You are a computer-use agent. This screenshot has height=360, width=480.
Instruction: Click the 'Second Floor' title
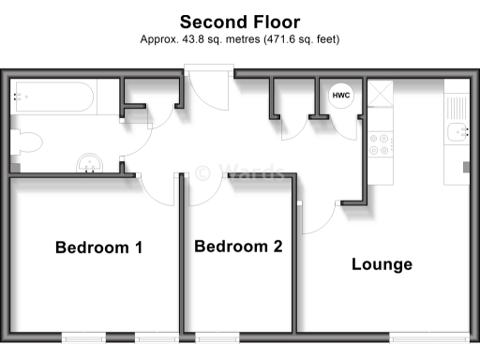[x=239, y=21]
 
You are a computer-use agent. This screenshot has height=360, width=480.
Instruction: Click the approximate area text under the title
[x=239, y=39]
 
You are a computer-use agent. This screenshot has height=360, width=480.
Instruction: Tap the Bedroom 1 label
[x=98, y=248]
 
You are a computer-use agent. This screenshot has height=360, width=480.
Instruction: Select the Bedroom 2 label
[x=238, y=247]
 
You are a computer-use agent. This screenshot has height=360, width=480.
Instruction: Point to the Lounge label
[x=382, y=264]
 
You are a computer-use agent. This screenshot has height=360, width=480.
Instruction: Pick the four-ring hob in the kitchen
[x=382, y=144]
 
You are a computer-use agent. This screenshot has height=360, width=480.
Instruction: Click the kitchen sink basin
[x=457, y=132]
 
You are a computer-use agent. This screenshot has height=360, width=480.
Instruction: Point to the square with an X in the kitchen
[x=382, y=95]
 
